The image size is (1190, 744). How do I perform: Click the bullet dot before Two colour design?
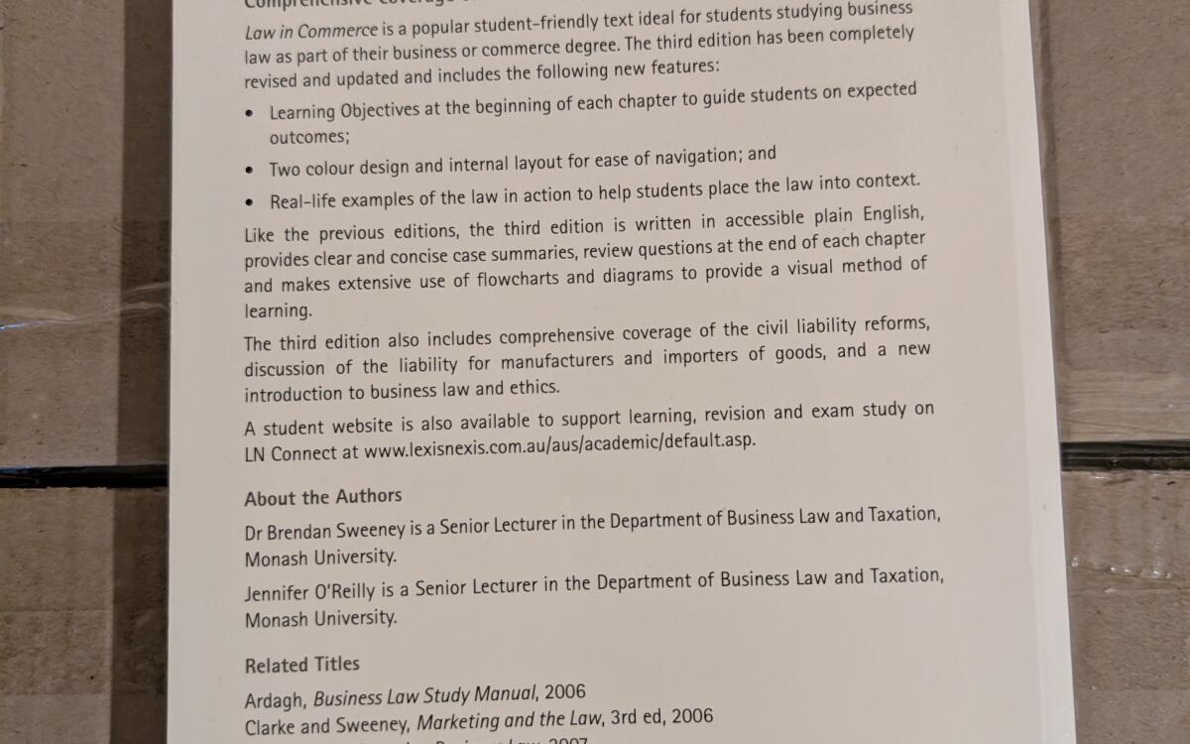click(250, 170)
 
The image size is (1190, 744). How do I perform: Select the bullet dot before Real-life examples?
click(250, 203)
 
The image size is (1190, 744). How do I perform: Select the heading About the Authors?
click(323, 497)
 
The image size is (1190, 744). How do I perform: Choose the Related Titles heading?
click(302, 665)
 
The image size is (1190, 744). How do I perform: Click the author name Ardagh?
click(274, 695)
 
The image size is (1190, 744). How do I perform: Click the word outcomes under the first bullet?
click(309, 138)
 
